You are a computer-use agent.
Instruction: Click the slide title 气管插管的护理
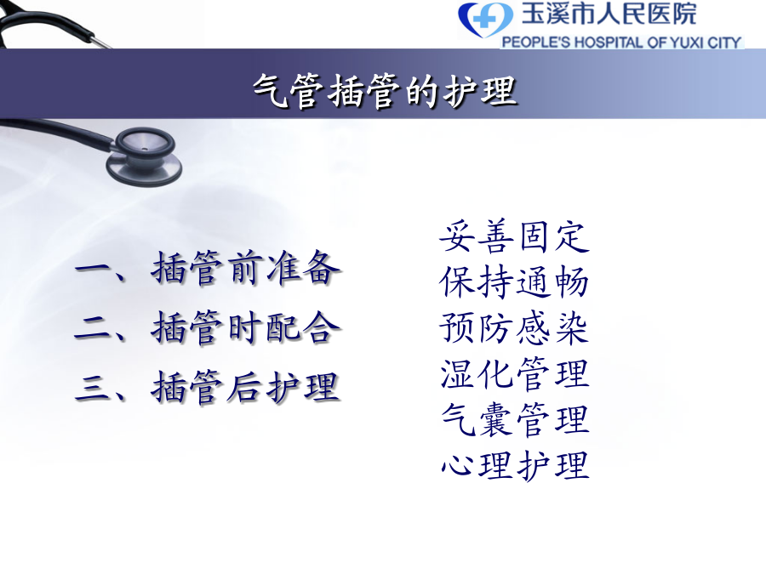point(385,91)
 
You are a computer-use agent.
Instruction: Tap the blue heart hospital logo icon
point(485,20)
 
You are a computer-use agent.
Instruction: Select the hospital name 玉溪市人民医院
point(609,13)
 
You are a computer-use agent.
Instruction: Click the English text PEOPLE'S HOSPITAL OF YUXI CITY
point(621,43)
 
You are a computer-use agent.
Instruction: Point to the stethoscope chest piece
point(144,156)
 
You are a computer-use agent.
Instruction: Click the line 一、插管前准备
point(208,268)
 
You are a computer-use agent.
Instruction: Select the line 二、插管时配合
point(208,327)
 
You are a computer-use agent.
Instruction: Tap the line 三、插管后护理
point(208,387)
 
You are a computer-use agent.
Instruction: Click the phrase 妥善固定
point(514,236)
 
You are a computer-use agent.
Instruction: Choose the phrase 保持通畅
point(514,282)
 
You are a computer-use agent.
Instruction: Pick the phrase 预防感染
point(514,328)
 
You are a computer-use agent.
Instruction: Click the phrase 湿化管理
point(514,373)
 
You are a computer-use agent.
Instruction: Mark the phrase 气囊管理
point(514,419)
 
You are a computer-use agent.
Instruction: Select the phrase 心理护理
point(514,464)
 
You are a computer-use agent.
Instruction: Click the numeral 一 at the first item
point(94,269)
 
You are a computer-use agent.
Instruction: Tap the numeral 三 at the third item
point(94,388)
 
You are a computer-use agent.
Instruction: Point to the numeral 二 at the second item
point(94,329)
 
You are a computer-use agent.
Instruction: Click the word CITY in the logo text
point(724,43)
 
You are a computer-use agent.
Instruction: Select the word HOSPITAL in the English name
point(609,43)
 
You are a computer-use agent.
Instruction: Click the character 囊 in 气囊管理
point(496,420)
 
